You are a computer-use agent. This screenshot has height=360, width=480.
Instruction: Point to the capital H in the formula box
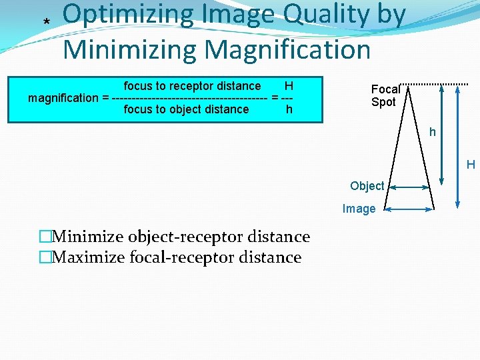(289, 86)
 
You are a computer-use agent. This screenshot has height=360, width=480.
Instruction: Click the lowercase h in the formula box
(289, 109)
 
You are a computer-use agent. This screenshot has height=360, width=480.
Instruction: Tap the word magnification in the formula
(63, 98)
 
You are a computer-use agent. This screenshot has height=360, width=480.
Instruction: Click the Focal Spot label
(384, 95)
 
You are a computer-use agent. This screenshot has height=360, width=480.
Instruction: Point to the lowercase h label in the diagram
(432, 132)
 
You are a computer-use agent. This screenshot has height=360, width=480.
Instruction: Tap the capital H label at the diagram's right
(470, 165)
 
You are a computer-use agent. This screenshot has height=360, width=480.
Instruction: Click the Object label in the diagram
(367, 186)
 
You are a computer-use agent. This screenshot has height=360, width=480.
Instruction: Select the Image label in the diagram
(359, 209)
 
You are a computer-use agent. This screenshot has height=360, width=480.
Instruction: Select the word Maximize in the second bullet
(90, 257)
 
